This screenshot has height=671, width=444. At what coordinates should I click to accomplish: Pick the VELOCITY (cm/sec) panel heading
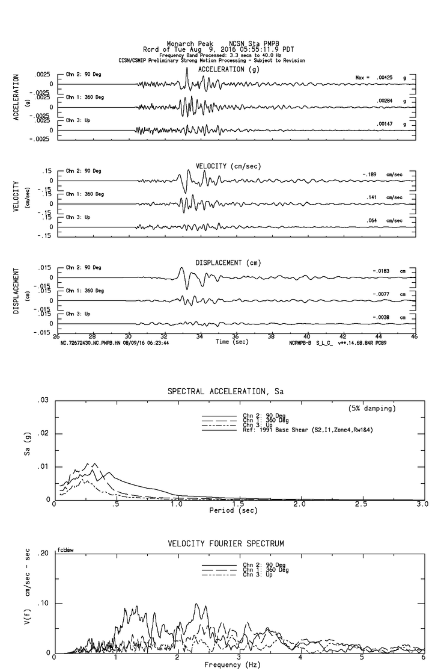(229, 166)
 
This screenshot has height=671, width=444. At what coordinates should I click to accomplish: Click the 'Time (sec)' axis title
(232, 342)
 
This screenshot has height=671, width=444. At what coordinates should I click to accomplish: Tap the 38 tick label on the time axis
(271, 336)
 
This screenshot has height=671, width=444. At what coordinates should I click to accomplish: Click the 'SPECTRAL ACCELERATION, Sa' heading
(225, 392)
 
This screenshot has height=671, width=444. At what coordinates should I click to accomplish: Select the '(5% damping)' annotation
(372, 409)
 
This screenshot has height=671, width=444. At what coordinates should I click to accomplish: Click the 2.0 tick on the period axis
(299, 504)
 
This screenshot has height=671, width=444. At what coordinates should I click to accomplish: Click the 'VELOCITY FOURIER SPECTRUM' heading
(227, 544)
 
